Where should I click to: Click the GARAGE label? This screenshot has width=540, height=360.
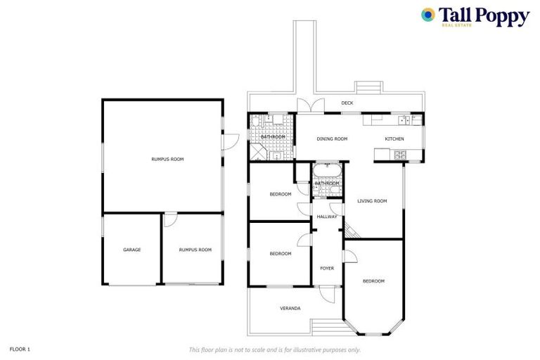(131, 250)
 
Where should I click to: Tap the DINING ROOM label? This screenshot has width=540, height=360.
(332, 139)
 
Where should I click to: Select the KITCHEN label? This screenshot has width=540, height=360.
(394, 139)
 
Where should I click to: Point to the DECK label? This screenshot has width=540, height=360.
(347, 103)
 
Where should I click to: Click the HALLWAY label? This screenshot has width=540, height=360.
(327, 217)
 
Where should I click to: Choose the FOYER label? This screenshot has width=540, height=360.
(327, 268)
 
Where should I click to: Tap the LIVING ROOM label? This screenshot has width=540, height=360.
(372, 201)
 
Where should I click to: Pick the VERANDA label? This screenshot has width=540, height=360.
(290, 308)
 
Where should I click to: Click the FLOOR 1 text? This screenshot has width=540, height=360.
(20, 349)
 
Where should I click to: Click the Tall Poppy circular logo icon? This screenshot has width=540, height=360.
(427, 15)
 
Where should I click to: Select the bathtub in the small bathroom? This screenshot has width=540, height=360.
(327, 172)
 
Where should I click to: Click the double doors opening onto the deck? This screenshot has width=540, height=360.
(310, 106)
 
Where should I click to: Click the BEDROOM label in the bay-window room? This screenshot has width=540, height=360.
(373, 281)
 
